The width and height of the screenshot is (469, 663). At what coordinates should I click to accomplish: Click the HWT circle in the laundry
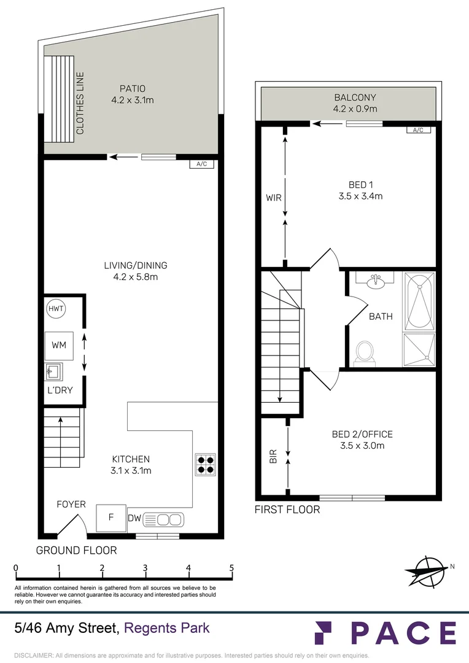click(x=56, y=309)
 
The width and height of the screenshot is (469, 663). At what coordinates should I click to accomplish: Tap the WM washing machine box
click(x=59, y=346)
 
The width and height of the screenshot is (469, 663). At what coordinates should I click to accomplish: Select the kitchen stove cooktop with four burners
click(x=205, y=465)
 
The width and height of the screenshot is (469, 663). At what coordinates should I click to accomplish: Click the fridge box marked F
click(x=111, y=517)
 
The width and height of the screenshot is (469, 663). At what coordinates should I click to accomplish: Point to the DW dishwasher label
click(x=134, y=519)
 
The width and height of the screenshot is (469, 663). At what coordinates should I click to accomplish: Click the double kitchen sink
click(x=163, y=519)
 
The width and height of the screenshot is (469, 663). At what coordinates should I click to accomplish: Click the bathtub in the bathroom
click(x=419, y=301)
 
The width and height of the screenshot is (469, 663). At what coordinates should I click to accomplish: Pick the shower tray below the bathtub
click(x=419, y=350)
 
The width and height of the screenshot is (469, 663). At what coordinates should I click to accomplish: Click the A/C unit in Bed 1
click(x=418, y=130)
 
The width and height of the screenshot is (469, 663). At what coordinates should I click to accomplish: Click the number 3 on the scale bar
click(x=145, y=568)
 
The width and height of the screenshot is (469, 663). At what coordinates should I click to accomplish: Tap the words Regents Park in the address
click(x=167, y=628)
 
